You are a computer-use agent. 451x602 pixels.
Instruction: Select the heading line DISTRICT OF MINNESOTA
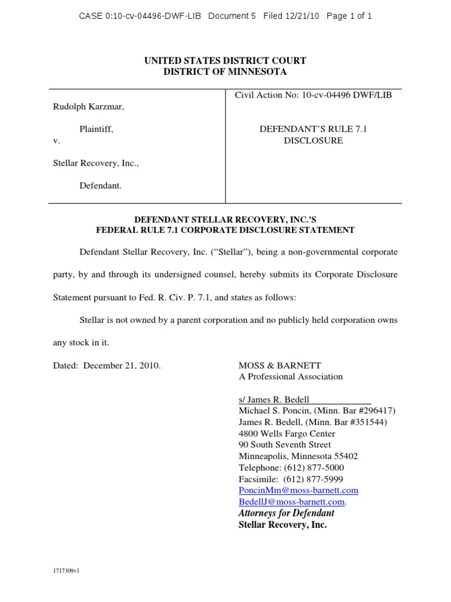[225, 72]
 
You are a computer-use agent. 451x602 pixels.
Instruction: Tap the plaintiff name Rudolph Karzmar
[88, 107]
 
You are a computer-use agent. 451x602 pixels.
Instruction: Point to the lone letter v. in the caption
[56, 141]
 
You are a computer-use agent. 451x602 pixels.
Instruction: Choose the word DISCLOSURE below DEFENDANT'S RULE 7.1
[314, 141]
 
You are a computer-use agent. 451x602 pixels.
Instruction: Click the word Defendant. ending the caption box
[100, 185]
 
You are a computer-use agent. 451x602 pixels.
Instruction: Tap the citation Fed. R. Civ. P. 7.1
[183, 297]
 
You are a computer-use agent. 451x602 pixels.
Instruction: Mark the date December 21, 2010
[122, 365]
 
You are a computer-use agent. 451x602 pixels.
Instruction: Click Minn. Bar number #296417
[373, 411]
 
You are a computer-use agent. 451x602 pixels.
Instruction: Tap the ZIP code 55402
[346, 456]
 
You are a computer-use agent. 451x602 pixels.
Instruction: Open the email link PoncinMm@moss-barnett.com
[298, 490]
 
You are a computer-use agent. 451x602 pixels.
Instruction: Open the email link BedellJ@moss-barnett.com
[291, 501]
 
